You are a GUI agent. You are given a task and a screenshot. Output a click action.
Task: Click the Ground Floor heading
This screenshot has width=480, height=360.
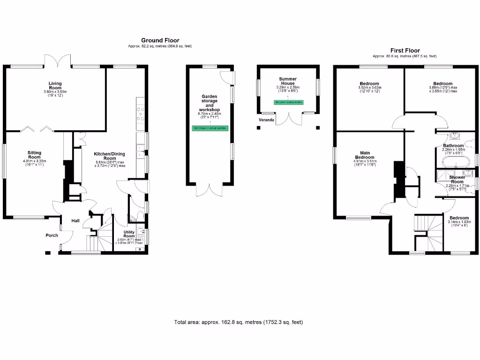160,41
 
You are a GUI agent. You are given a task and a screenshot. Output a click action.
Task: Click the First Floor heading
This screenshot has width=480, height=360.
405,51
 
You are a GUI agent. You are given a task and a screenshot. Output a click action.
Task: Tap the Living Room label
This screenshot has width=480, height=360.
55,86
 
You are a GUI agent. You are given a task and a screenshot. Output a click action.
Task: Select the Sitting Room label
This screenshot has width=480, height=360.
35,155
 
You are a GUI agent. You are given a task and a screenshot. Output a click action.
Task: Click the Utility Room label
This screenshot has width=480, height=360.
129,234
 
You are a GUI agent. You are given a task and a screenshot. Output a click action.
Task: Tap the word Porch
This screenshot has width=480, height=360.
52,235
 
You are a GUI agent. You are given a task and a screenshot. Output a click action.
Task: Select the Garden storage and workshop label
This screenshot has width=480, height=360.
210,105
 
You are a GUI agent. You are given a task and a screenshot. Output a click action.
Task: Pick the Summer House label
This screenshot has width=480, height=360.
287,81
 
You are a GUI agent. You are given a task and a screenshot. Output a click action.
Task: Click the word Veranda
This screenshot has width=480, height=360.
266,120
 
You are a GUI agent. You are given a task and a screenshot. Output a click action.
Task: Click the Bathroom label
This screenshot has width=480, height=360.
453,146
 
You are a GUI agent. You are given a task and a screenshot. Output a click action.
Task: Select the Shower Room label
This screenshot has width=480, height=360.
457,180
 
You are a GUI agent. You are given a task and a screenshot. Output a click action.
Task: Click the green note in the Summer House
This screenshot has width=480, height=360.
288,102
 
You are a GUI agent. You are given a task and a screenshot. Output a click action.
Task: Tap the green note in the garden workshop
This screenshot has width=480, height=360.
210,128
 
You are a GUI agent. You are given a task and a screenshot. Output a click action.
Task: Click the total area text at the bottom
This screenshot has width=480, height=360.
239,322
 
